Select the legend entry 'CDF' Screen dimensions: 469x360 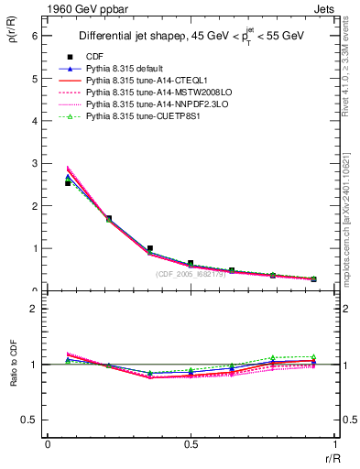(93, 57)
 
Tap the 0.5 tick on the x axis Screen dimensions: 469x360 (190, 444)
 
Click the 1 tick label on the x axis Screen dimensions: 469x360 (333, 444)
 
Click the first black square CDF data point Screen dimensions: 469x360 (68, 183)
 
